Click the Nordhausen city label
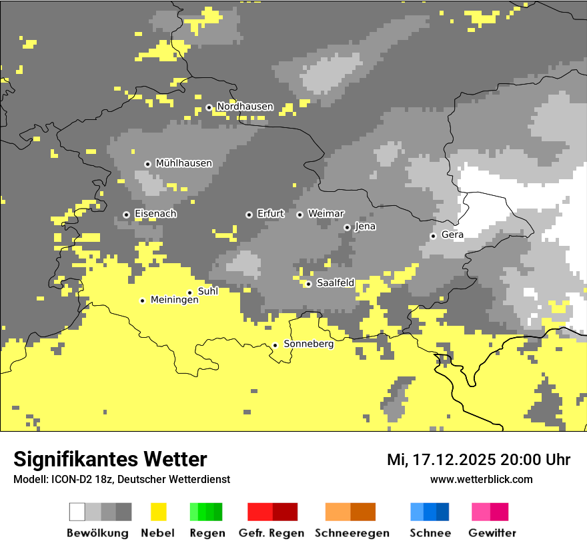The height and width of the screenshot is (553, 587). (245, 107)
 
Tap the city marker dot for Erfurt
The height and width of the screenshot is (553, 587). (249, 215)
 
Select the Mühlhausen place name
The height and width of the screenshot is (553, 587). (183, 163)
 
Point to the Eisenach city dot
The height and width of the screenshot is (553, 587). (126, 215)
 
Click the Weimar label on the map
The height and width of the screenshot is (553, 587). (326, 214)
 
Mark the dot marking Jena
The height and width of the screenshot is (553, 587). (347, 227)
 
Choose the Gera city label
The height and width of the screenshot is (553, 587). (452, 235)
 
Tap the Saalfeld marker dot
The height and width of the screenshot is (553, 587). (308, 284)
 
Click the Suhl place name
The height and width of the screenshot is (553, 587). (208, 291)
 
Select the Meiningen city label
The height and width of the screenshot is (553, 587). (174, 300)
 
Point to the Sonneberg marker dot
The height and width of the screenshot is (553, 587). (275, 345)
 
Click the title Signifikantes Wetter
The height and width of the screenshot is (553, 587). (110, 459)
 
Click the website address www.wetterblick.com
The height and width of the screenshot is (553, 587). (481, 479)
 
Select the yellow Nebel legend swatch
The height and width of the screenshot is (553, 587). (158, 512)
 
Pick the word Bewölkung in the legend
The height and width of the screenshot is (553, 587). (97, 533)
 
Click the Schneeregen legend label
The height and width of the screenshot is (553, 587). (352, 533)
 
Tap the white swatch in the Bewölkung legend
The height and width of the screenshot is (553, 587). (77, 512)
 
